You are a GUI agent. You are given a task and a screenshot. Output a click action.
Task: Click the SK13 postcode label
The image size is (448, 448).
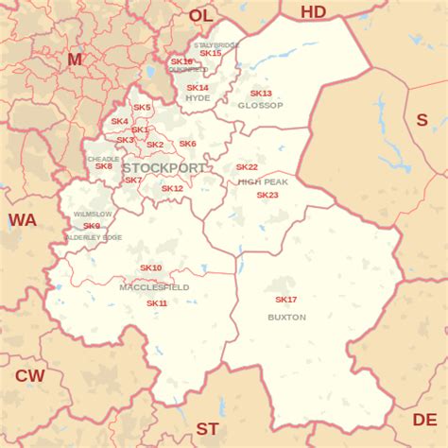(x=261, y=94)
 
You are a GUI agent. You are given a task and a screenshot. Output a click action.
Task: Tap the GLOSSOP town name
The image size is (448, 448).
(x=261, y=105)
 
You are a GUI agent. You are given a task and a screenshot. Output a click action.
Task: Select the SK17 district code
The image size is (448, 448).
(x=285, y=300)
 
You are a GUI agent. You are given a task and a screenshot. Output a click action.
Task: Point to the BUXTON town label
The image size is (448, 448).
(x=286, y=318)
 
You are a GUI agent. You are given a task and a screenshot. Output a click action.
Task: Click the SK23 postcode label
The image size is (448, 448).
(x=267, y=195)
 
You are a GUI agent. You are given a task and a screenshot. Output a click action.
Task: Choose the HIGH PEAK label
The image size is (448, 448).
(x=262, y=181)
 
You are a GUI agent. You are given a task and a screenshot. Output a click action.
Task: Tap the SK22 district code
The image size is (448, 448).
(x=247, y=167)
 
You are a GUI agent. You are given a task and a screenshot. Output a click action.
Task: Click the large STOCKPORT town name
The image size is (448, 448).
(x=164, y=167)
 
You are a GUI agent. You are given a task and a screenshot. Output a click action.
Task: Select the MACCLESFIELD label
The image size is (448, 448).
(x=154, y=286)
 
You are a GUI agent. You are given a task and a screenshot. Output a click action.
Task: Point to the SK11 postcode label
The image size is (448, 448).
(x=157, y=303)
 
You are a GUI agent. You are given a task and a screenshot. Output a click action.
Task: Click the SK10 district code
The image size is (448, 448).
(x=151, y=268)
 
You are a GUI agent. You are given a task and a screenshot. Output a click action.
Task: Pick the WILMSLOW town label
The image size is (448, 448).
(x=92, y=215)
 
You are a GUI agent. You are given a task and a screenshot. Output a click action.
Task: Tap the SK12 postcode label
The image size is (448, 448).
(x=172, y=188)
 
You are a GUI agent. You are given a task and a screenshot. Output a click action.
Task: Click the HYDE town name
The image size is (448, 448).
(x=198, y=98)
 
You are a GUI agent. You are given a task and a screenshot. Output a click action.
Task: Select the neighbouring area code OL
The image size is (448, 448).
(x=201, y=15)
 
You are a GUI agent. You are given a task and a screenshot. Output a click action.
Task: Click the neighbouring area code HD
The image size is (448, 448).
(x=313, y=11)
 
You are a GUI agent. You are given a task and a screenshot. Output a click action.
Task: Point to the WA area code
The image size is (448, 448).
(x=22, y=220)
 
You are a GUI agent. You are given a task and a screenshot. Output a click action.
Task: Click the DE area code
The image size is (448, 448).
(x=424, y=419)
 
